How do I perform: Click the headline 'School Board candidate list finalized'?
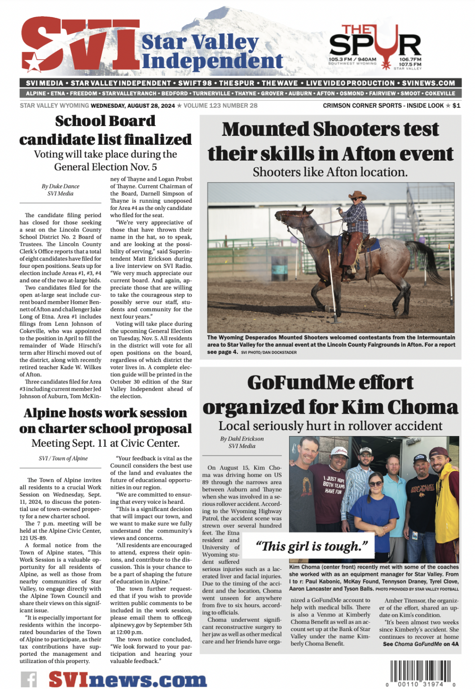pos(106,130)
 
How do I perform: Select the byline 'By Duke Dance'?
pos(61,186)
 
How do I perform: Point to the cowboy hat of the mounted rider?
pos(357,195)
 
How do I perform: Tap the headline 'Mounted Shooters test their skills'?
pos(330,141)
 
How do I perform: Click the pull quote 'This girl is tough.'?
pos(312,546)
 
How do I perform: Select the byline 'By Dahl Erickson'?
pos(242,439)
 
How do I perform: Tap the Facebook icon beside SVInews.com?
pos(29,679)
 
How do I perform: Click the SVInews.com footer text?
pos(128,679)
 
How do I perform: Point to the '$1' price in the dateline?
pos(456,106)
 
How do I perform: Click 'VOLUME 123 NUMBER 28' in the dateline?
pos(220,106)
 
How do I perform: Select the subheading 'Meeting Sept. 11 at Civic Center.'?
pos(106,443)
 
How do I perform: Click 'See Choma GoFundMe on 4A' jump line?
pos(421,644)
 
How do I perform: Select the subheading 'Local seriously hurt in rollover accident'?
pos(330,426)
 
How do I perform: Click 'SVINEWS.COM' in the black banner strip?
pos(428,83)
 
